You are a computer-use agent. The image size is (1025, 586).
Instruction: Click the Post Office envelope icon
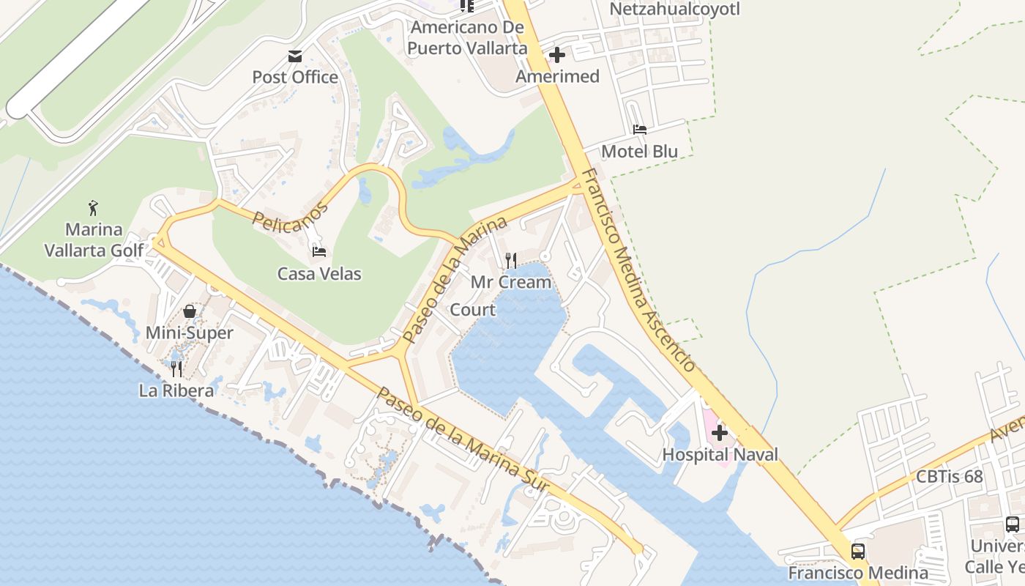pyautogui.click(x=295, y=56)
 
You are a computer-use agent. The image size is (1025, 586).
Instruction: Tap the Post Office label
pyautogui.click(x=295, y=77)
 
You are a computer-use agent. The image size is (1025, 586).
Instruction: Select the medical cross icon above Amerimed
pyautogui.click(x=557, y=55)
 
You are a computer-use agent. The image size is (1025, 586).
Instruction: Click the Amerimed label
pyautogui.click(x=557, y=76)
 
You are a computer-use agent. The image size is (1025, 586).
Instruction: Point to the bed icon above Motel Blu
pyautogui.click(x=640, y=130)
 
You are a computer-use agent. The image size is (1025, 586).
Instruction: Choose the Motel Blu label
pyautogui.click(x=639, y=152)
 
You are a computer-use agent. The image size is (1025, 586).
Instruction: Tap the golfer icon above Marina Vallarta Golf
pyautogui.click(x=94, y=208)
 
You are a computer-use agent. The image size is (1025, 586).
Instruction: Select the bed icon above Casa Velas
pyautogui.click(x=319, y=252)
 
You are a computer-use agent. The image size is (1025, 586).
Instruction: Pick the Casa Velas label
pyautogui.click(x=319, y=274)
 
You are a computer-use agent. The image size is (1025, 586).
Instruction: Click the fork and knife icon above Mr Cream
pyautogui.click(x=511, y=260)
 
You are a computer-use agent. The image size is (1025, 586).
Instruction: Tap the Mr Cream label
pyautogui.click(x=511, y=282)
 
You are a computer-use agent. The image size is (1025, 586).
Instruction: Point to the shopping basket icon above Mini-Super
pyautogui.click(x=190, y=312)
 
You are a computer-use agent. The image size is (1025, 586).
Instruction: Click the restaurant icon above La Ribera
pyautogui.click(x=176, y=368)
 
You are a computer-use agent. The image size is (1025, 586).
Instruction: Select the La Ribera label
pyautogui.click(x=176, y=390)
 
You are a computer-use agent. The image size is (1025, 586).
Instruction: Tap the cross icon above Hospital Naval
pyautogui.click(x=720, y=433)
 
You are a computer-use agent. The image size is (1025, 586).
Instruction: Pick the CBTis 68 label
pyautogui.click(x=950, y=476)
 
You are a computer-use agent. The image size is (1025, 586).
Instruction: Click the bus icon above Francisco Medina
pyautogui.click(x=858, y=551)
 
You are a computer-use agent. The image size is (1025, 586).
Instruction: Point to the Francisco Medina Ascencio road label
pyautogui.click(x=638, y=271)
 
